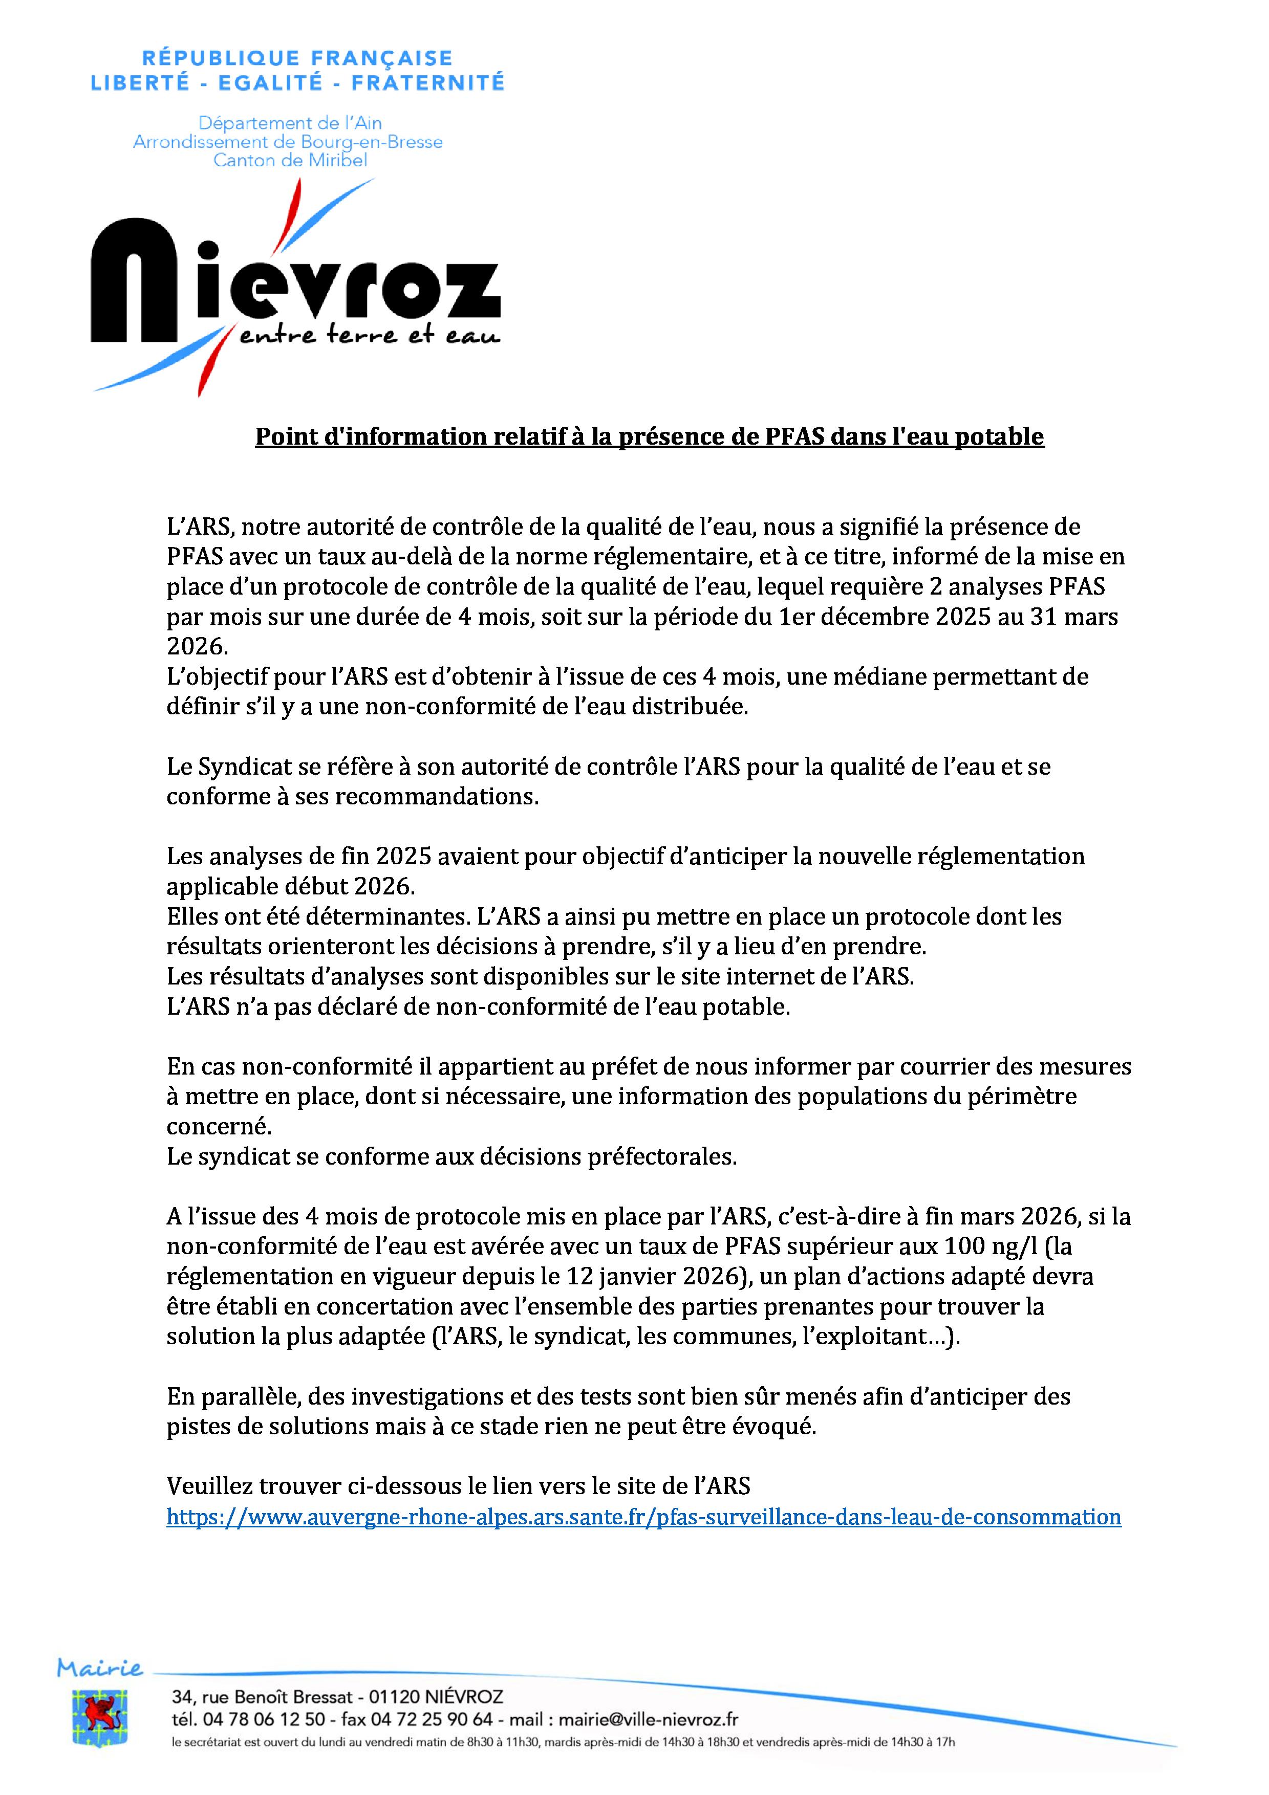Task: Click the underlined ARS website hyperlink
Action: (x=643, y=1517)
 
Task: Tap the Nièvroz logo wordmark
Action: (x=295, y=281)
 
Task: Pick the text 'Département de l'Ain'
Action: (x=289, y=123)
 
